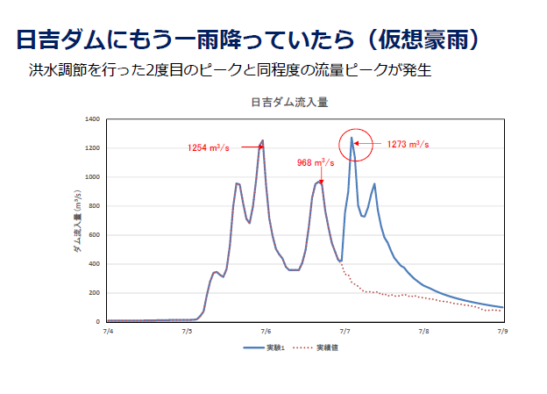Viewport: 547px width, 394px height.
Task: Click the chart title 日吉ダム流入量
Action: pyautogui.click(x=288, y=103)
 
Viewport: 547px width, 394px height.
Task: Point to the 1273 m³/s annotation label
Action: pyautogui.click(x=408, y=144)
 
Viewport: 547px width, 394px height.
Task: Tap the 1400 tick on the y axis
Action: pyautogui.click(x=93, y=119)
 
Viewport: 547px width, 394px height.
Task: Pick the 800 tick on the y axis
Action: pyautogui.click(x=95, y=206)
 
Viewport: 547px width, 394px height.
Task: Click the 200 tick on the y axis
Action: pyautogui.click(x=95, y=293)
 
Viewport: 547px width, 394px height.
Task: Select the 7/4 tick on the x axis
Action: pyautogui.click(x=108, y=332)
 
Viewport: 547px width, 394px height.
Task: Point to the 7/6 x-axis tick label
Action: pyautogui.click(x=266, y=332)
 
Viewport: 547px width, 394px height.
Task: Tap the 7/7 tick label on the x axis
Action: pyautogui.click(x=345, y=332)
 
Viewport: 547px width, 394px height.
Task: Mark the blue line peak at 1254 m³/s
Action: pyautogui.click(x=262, y=140)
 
